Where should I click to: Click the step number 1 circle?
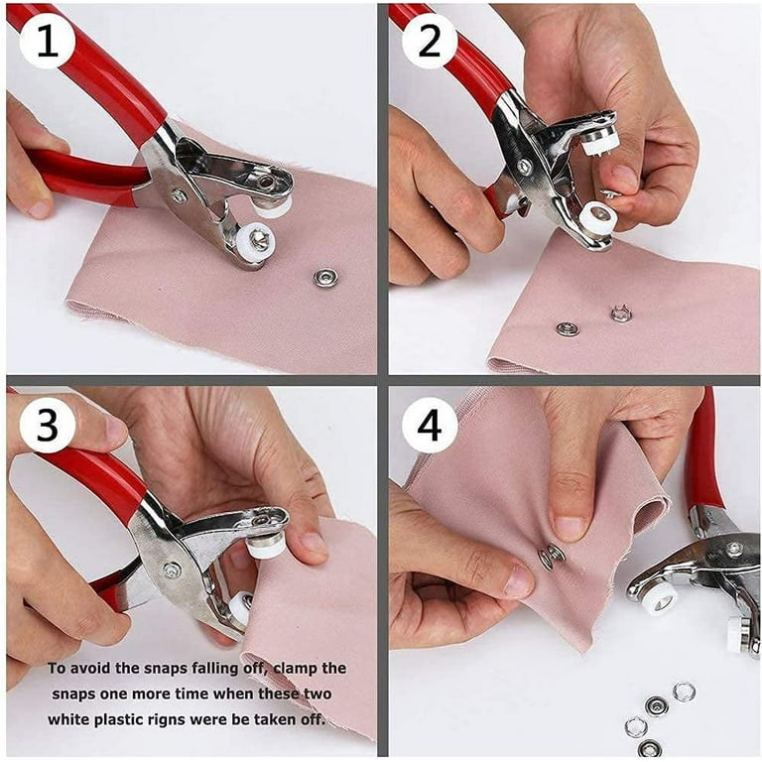tap(48, 42)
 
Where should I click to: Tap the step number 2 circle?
tap(430, 42)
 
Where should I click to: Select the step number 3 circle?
tap(48, 426)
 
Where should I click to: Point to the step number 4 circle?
tap(430, 426)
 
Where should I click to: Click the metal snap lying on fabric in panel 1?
tap(324, 277)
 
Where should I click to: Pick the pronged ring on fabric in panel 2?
tap(621, 314)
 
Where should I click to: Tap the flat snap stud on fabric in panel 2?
tap(568, 329)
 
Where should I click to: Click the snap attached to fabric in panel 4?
tap(552, 557)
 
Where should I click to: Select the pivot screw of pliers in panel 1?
tap(179, 195)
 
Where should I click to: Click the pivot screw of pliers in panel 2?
tap(524, 167)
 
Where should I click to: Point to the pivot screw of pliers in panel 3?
tap(172, 570)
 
